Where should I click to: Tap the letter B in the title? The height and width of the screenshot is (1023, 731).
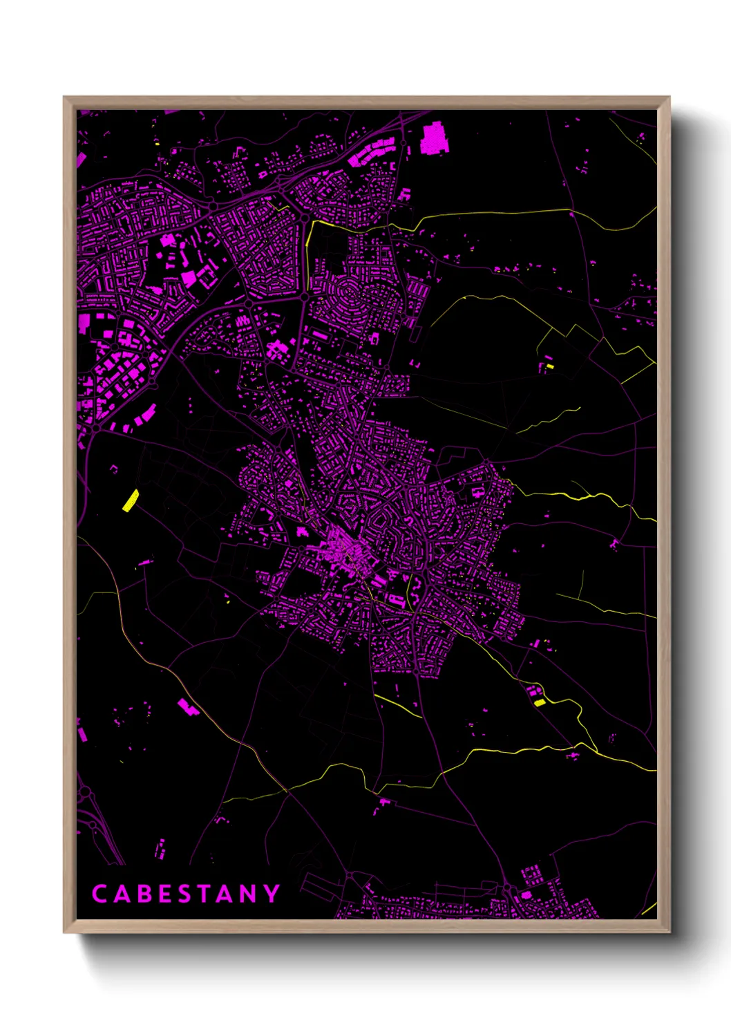pyautogui.click(x=144, y=894)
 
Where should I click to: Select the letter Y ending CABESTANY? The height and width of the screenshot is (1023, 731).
pyautogui.click(x=272, y=894)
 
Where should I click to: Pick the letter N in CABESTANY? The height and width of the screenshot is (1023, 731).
pyautogui.click(x=249, y=894)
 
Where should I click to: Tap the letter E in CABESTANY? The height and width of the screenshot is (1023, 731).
pyautogui.click(x=165, y=894)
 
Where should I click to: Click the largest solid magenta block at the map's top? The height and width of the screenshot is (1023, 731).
pyautogui.click(x=435, y=138)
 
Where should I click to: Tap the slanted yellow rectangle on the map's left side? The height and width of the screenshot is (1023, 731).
pyautogui.click(x=130, y=500)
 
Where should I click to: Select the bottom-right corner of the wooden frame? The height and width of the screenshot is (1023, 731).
pyautogui.click(x=669, y=931)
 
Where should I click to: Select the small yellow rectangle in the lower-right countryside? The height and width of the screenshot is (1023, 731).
pyautogui.click(x=540, y=702)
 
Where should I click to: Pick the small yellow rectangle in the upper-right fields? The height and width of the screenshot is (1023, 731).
pyautogui.click(x=550, y=366)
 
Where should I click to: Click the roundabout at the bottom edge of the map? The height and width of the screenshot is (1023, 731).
pyautogui.click(x=506, y=887)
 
